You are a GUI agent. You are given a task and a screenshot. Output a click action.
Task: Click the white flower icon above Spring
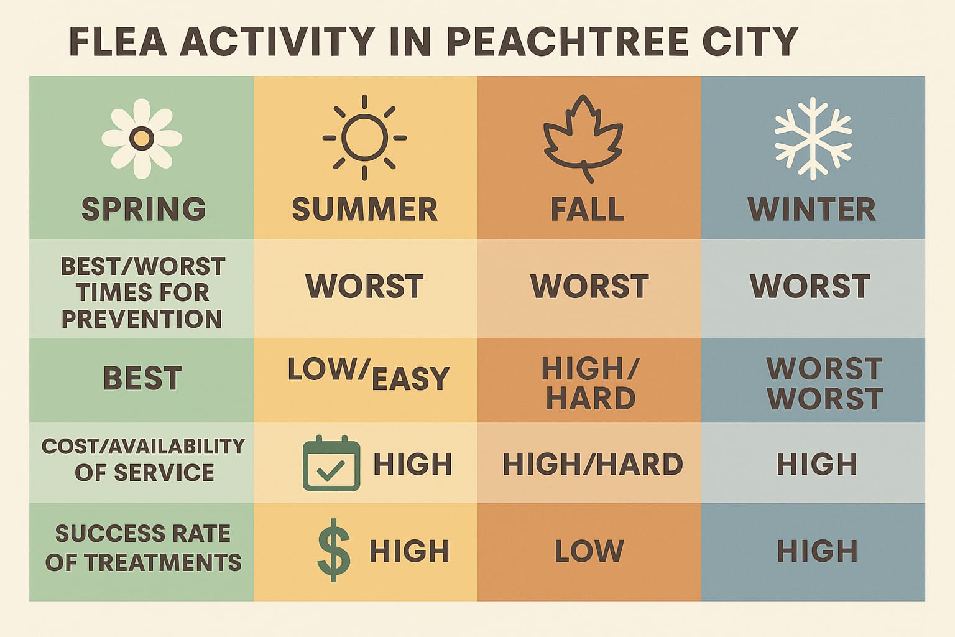(x=142, y=138)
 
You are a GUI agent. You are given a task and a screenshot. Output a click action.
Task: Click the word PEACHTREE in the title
(x=567, y=42)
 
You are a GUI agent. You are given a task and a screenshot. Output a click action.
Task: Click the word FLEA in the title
(x=118, y=42)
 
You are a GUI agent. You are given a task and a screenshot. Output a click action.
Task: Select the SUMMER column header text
(x=365, y=210)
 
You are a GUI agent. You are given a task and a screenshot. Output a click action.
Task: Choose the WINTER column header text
(x=812, y=210)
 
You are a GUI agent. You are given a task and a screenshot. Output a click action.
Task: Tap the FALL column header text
(x=588, y=210)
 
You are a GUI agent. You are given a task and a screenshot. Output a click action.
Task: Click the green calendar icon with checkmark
(x=331, y=464)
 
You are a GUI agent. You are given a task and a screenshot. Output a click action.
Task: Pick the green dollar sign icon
(x=334, y=551)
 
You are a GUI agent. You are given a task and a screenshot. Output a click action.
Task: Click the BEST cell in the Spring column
(x=142, y=378)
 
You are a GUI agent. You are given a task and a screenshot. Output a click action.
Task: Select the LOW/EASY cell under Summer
(x=368, y=374)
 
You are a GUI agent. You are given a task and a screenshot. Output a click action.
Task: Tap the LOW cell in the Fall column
(x=589, y=551)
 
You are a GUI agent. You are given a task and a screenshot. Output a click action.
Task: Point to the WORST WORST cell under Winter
(x=824, y=383)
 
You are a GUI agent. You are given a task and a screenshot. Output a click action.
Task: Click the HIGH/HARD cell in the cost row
(x=593, y=464)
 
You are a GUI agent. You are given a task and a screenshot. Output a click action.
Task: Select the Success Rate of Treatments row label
(x=143, y=548)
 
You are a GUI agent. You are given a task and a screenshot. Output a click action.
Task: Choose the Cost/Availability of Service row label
(x=144, y=459)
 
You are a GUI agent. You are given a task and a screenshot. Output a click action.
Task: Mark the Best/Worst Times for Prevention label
(x=142, y=292)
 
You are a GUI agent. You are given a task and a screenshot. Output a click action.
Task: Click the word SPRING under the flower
(x=144, y=210)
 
